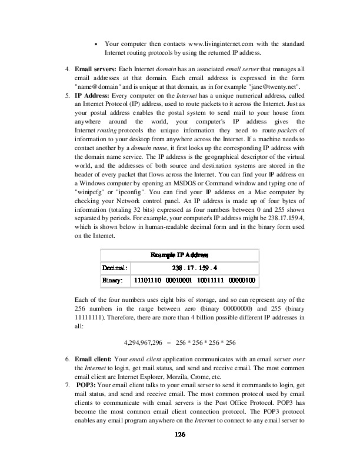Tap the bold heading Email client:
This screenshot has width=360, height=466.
(93, 358)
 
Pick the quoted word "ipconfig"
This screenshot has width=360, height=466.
(129, 208)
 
